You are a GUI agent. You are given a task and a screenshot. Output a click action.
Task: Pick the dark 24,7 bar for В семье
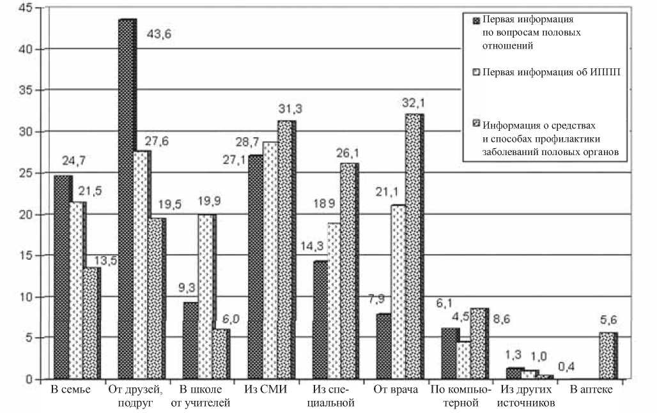pos(62,278)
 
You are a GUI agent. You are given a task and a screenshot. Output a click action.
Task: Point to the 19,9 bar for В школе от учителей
pos(206,297)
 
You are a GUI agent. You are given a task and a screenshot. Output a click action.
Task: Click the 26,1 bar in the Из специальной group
pos(349,271)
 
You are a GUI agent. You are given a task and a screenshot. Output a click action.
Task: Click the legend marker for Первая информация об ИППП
pos(476,73)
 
